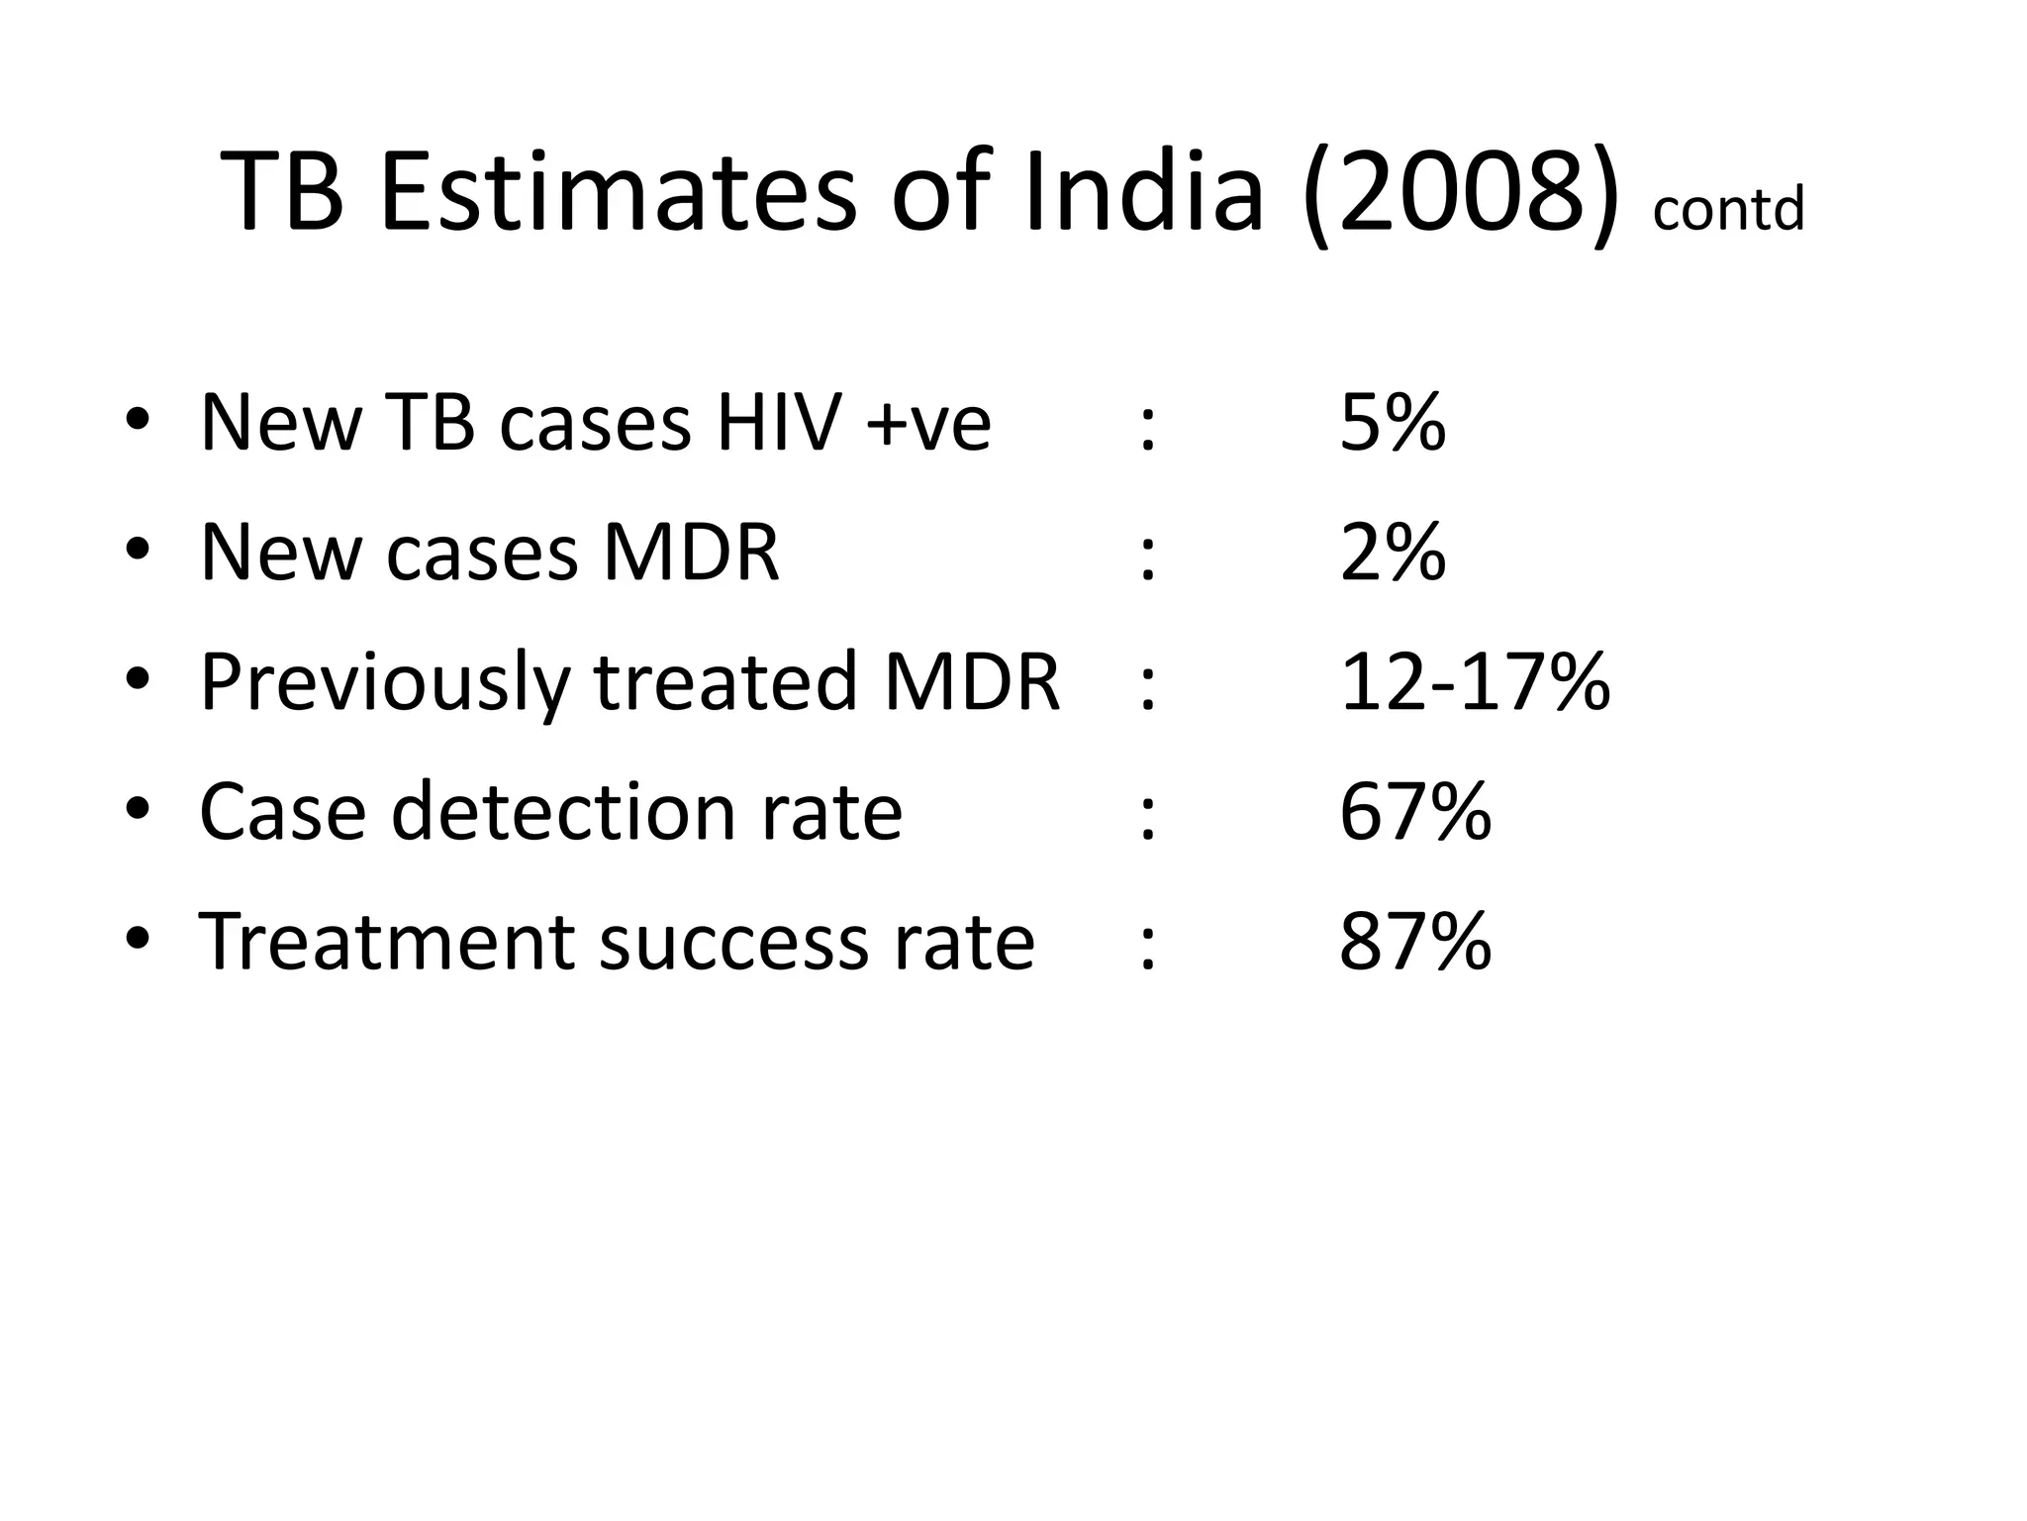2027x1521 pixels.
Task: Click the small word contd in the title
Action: [x=1728, y=210]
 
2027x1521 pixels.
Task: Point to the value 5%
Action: [x=1393, y=423]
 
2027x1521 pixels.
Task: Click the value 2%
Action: [x=1393, y=553]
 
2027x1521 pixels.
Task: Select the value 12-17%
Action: [x=1475, y=682]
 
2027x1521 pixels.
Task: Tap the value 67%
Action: [x=1415, y=812]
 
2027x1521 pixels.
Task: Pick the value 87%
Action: [x=1415, y=942]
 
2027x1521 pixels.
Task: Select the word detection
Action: [x=565, y=812]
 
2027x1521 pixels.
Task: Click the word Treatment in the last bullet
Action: [x=387, y=942]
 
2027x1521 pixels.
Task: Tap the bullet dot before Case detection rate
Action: [x=138, y=810]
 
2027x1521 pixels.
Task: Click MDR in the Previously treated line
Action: [x=972, y=682]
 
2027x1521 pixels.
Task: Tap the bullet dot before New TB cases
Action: [x=138, y=421]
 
